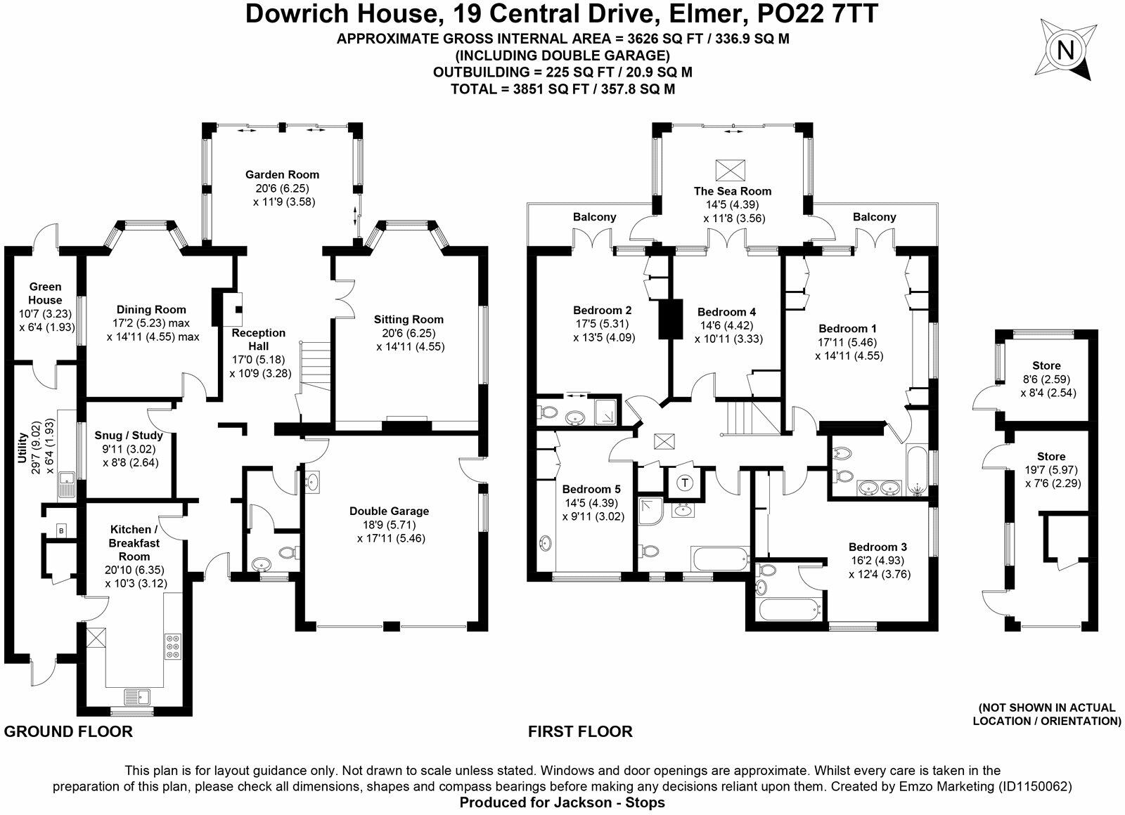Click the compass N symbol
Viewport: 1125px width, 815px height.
(1066, 50)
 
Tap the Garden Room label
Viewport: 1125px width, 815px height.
(282, 174)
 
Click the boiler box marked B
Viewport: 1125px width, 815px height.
(61, 530)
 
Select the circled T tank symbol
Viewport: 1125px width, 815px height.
(686, 483)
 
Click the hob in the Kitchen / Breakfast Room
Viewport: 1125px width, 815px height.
(172, 646)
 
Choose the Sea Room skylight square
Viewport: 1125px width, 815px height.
(729, 169)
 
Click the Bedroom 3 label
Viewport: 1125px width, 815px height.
(877, 547)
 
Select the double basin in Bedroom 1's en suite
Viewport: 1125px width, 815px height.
(879, 487)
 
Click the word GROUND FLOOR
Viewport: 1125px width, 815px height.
(68, 731)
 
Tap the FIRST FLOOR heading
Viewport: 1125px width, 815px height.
(580, 731)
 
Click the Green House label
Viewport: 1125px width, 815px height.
(46, 293)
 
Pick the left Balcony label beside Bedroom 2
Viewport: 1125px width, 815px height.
(594, 217)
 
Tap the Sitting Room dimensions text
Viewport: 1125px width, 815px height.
(410, 346)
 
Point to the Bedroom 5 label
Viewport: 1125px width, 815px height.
(586, 489)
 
